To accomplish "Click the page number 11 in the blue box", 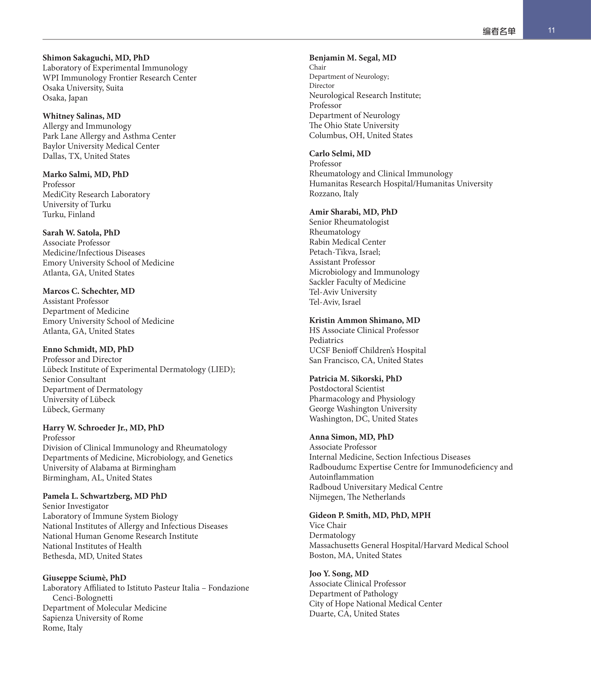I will coord(551,30).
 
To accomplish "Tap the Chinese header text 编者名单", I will coord(499,31).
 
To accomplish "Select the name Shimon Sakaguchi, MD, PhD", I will coord(96,58).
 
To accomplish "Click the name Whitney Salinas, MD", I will coord(81,116).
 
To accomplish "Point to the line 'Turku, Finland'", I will coord(69,215).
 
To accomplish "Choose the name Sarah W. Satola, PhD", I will coord(81,233).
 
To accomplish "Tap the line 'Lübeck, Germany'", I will coord(73,410).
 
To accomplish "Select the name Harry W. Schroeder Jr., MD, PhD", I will coord(103,428).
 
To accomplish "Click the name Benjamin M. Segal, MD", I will coord(353,58).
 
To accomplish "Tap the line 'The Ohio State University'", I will coord(354,126).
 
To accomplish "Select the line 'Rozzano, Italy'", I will coord(334,194).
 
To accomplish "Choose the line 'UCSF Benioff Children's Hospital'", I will coord(367,351).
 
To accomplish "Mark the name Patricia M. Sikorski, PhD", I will coord(355,379).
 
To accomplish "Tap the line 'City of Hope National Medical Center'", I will coord(375,604).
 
